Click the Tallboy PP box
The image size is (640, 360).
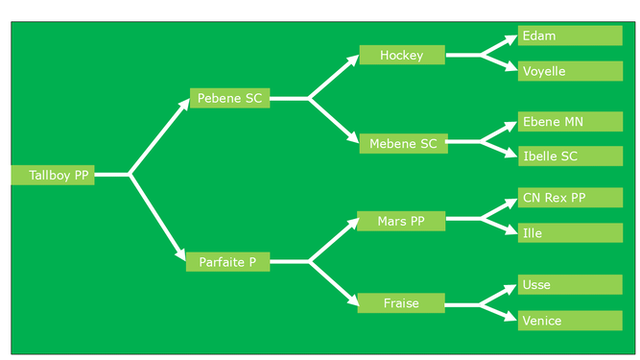[53, 175]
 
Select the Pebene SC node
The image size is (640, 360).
[229, 98]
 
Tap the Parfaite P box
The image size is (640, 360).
[227, 262]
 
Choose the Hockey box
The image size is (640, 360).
[402, 55]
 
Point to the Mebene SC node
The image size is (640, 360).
[403, 143]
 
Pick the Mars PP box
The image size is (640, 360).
[401, 221]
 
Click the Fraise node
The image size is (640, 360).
[401, 302]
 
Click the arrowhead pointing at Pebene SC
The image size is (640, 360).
[184, 104]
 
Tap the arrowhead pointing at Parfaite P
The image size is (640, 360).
[180, 253]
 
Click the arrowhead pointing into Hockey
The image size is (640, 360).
[353, 60]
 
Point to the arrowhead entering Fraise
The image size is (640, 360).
[353, 300]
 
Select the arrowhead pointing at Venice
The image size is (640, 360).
[511, 317]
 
